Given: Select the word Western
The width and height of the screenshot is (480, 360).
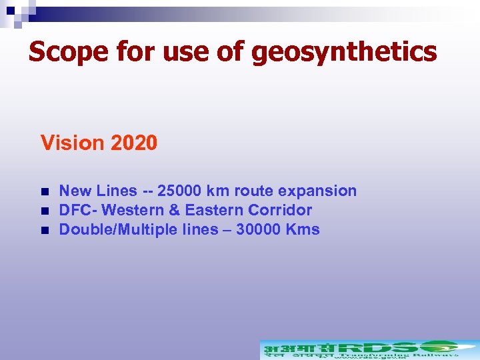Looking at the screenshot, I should (x=133, y=210).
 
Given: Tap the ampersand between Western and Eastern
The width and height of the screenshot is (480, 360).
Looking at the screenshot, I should (x=175, y=210).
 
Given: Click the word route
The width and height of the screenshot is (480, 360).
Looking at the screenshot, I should (x=254, y=191).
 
